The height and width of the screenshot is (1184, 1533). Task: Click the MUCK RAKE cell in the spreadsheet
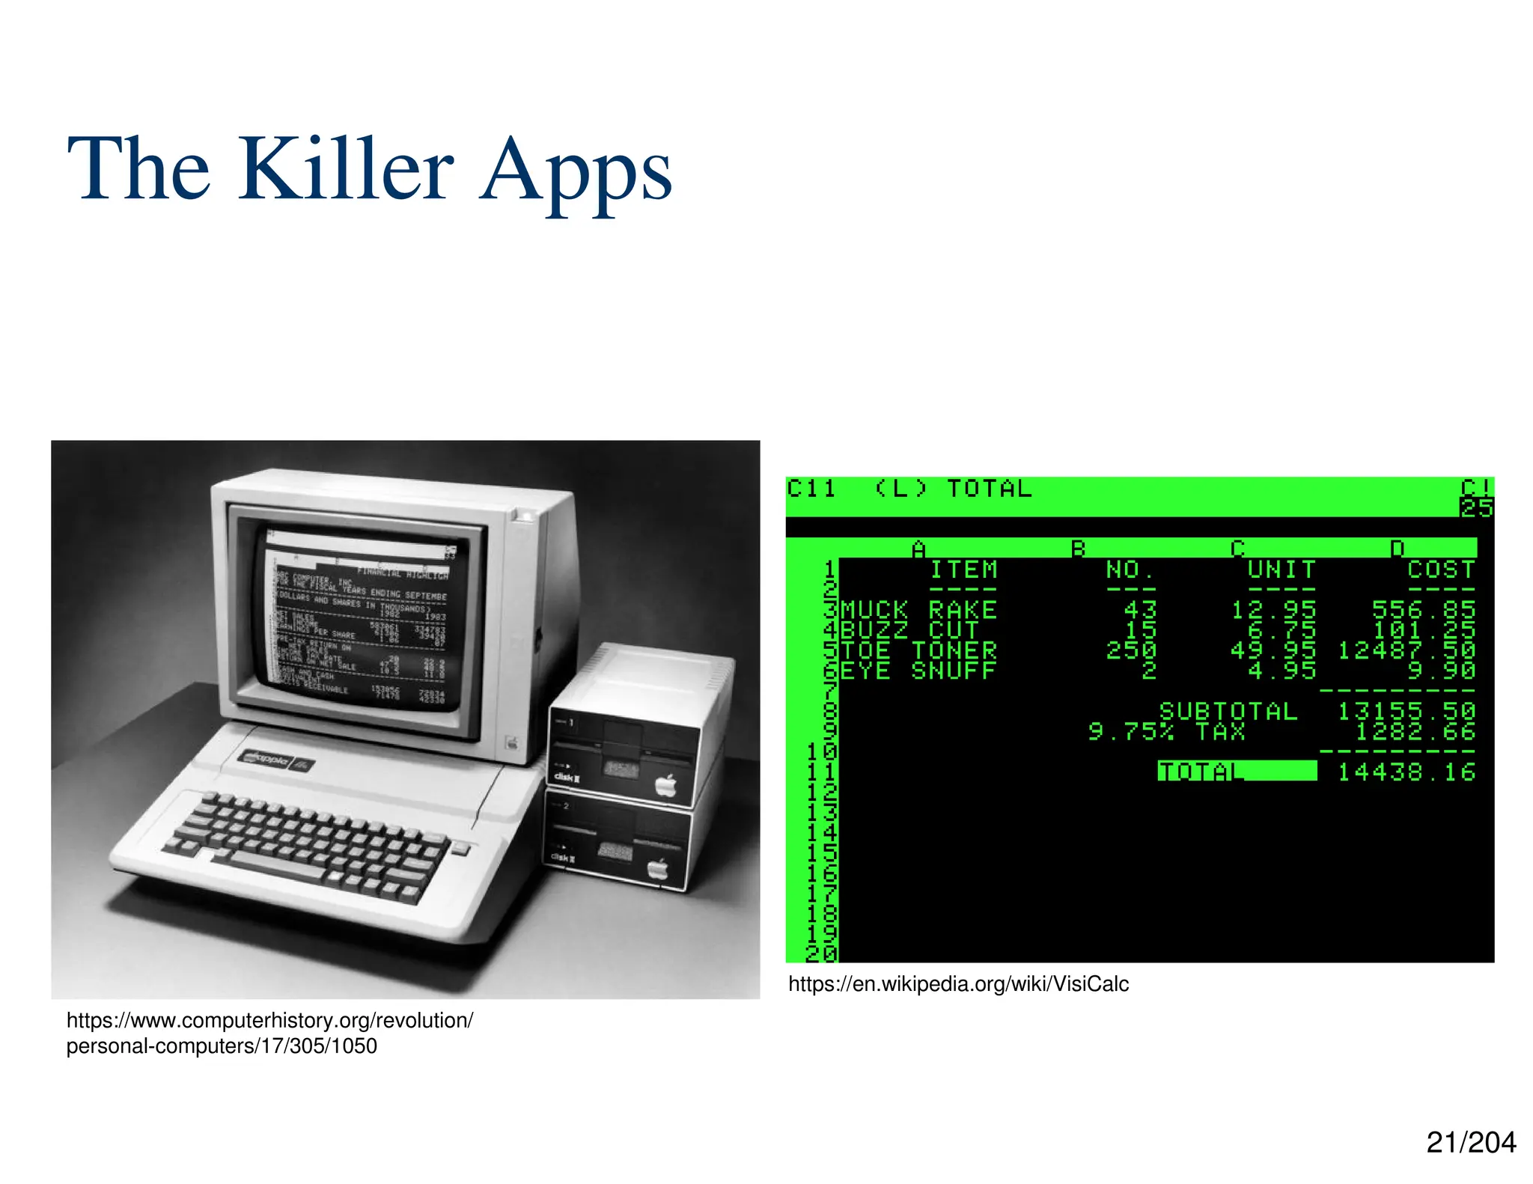(x=918, y=610)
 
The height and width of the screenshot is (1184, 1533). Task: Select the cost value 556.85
(x=1423, y=610)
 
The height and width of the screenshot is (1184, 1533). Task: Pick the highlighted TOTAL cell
(x=1237, y=771)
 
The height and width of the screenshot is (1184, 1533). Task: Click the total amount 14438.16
(x=1406, y=772)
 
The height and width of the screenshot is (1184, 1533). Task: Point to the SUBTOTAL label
(x=1228, y=711)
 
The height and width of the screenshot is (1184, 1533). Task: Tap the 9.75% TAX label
(x=1166, y=731)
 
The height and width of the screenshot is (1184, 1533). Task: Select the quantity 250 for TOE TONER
(x=1131, y=650)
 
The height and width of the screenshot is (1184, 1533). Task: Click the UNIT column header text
(x=1281, y=570)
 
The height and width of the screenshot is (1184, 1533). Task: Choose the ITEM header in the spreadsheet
(x=963, y=570)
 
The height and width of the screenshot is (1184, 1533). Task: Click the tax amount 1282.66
(x=1415, y=731)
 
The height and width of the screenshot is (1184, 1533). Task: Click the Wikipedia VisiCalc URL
(x=958, y=983)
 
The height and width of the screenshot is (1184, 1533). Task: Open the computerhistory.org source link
(x=269, y=1033)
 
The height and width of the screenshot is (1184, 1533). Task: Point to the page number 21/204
(x=1471, y=1142)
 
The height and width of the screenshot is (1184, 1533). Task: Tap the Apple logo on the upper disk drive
(x=665, y=785)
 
